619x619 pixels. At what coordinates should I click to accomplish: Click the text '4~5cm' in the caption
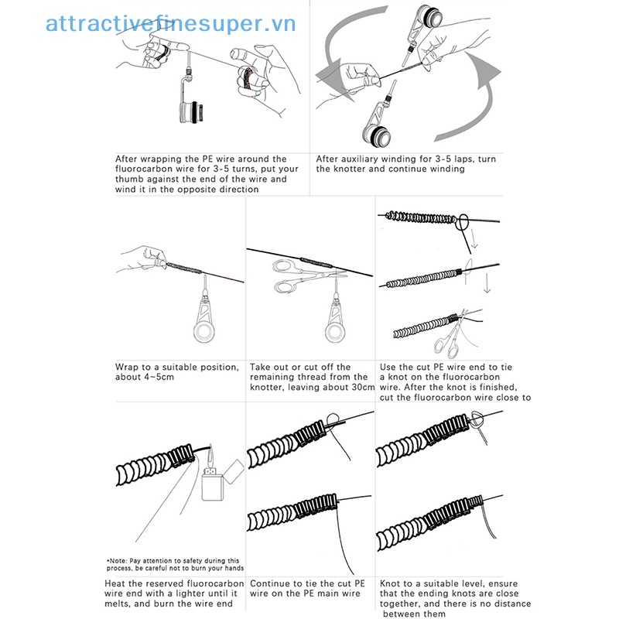pos(159,378)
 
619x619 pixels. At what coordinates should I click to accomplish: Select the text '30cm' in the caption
pos(361,387)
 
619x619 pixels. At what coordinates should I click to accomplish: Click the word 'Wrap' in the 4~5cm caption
pos(128,367)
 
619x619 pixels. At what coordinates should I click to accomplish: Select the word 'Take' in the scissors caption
pos(262,367)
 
